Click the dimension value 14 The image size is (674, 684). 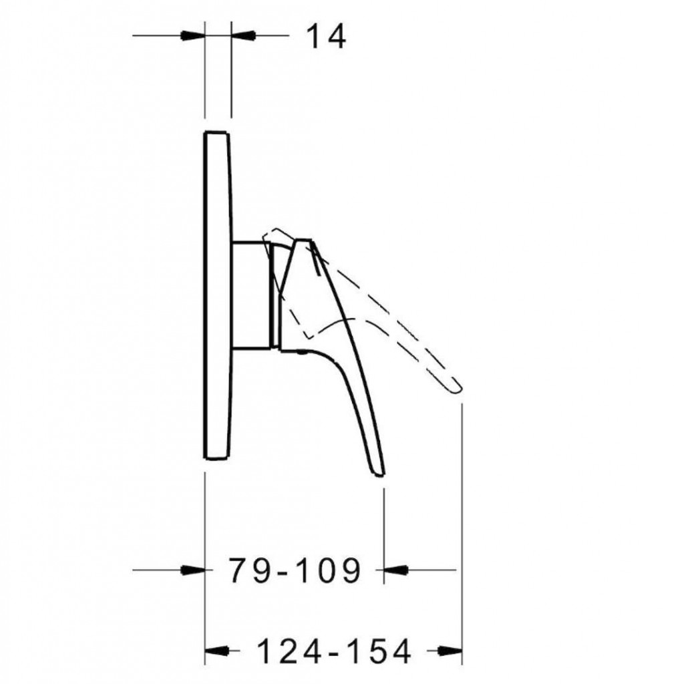pos(326,37)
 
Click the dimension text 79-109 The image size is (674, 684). pos(295,570)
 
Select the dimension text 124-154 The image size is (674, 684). pos(333,651)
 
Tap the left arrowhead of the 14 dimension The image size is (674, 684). pos(193,35)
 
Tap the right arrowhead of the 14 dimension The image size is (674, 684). pos(242,35)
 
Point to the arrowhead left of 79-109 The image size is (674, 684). pos(193,570)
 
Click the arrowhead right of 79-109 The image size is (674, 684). pos(395,570)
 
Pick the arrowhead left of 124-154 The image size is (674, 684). pos(217,651)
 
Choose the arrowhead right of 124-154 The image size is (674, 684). pos(450,651)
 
